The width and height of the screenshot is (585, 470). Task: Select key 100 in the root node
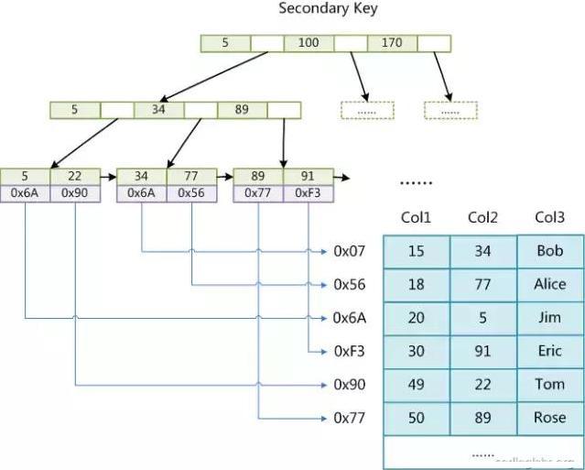pos(309,43)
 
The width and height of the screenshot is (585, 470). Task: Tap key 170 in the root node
pos(393,43)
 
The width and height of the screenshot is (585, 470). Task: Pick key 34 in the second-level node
pos(158,110)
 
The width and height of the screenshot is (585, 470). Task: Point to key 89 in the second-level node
pos(243,110)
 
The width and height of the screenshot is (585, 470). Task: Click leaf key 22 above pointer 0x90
pos(75,177)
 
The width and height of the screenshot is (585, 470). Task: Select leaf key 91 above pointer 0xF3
pos(309,177)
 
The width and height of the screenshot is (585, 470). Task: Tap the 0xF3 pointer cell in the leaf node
pos(309,193)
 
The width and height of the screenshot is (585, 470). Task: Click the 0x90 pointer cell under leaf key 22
pos(75,193)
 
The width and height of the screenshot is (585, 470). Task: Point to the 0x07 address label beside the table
pos(350,250)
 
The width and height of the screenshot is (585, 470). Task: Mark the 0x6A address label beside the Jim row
pos(350,318)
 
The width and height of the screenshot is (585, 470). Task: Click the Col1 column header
pos(416,218)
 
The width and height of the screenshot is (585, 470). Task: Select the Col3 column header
pos(549,218)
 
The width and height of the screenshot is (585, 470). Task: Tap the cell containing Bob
pos(549,251)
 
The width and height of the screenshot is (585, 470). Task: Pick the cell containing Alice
pos(549,284)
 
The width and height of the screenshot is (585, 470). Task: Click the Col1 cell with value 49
pos(416,385)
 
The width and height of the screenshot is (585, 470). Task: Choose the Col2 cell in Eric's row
pos(482,351)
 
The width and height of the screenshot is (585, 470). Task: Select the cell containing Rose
pos(549,418)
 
